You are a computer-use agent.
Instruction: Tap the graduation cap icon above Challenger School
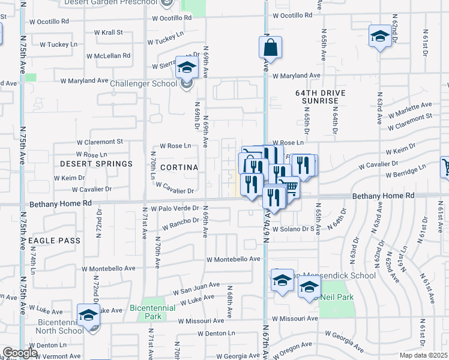187,68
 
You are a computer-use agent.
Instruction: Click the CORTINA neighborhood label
178,167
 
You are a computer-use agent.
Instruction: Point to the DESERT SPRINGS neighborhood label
96,164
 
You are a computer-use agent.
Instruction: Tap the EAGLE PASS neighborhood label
53,240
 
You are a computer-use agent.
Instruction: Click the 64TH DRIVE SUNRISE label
317,97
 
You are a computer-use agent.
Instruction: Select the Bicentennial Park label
146,312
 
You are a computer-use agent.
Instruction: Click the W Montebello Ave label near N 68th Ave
234,260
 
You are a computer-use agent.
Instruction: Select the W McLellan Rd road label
108,56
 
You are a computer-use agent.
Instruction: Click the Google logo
20,353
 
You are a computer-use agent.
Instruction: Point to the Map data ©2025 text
423,355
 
